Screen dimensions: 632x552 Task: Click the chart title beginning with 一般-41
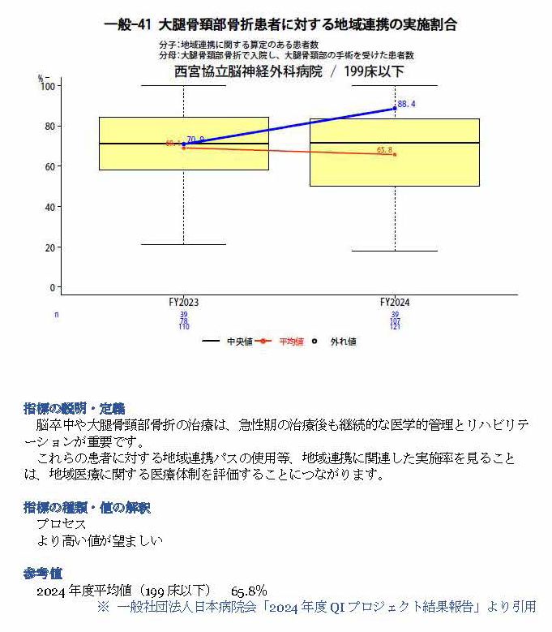click(280, 24)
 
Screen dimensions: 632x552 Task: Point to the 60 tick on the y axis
click(52, 166)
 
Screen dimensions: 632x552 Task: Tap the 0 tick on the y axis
click(54, 287)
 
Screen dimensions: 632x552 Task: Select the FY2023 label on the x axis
click(184, 302)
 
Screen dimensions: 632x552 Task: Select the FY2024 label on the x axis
click(395, 302)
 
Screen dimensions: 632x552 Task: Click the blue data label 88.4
click(407, 105)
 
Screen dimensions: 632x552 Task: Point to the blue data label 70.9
click(195, 140)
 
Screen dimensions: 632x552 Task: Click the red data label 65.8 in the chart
click(384, 150)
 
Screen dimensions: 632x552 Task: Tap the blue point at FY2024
click(395, 108)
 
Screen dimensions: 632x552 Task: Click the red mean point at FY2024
click(395, 154)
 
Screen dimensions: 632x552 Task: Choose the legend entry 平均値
click(291, 342)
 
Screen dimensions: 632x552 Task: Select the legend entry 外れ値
click(343, 342)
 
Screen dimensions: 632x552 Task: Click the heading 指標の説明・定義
click(74, 407)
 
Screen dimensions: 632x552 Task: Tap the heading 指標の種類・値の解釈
click(87, 508)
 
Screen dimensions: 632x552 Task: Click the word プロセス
click(61, 524)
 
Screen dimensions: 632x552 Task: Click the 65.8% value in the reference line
click(249, 591)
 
